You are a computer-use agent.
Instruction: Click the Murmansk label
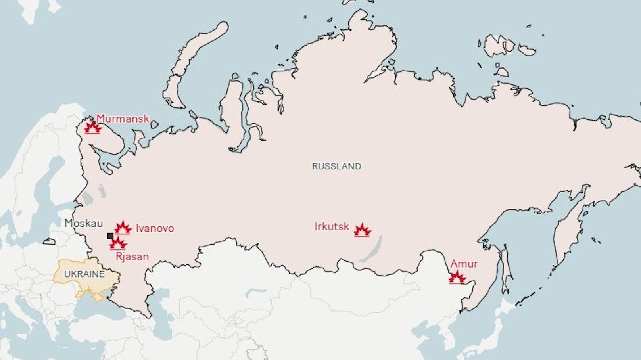[x=123, y=118]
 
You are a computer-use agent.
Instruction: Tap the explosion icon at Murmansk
[x=93, y=128]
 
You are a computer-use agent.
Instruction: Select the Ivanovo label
[x=155, y=228]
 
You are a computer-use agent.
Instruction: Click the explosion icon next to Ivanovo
[x=123, y=228]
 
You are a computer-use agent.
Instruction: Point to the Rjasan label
[x=132, y=257]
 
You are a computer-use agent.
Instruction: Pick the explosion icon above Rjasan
[x=118, y=243]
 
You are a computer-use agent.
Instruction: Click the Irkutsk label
[x=332, y=226]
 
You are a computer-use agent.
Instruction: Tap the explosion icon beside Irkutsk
[x=362, y=230]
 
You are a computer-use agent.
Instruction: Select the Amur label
[x=464, y=264]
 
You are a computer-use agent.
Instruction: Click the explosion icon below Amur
[x=457, y=277]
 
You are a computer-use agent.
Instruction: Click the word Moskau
[x=84, y=223]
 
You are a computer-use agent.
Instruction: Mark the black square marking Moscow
[x=110, y=236]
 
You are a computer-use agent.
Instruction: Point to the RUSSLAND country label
[x=336, y=167]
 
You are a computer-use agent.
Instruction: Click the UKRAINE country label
[x=84, y=274]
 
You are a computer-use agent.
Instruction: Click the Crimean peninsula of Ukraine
[x=89, y=295]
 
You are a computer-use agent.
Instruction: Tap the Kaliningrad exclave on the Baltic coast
[x=49, y=241]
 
